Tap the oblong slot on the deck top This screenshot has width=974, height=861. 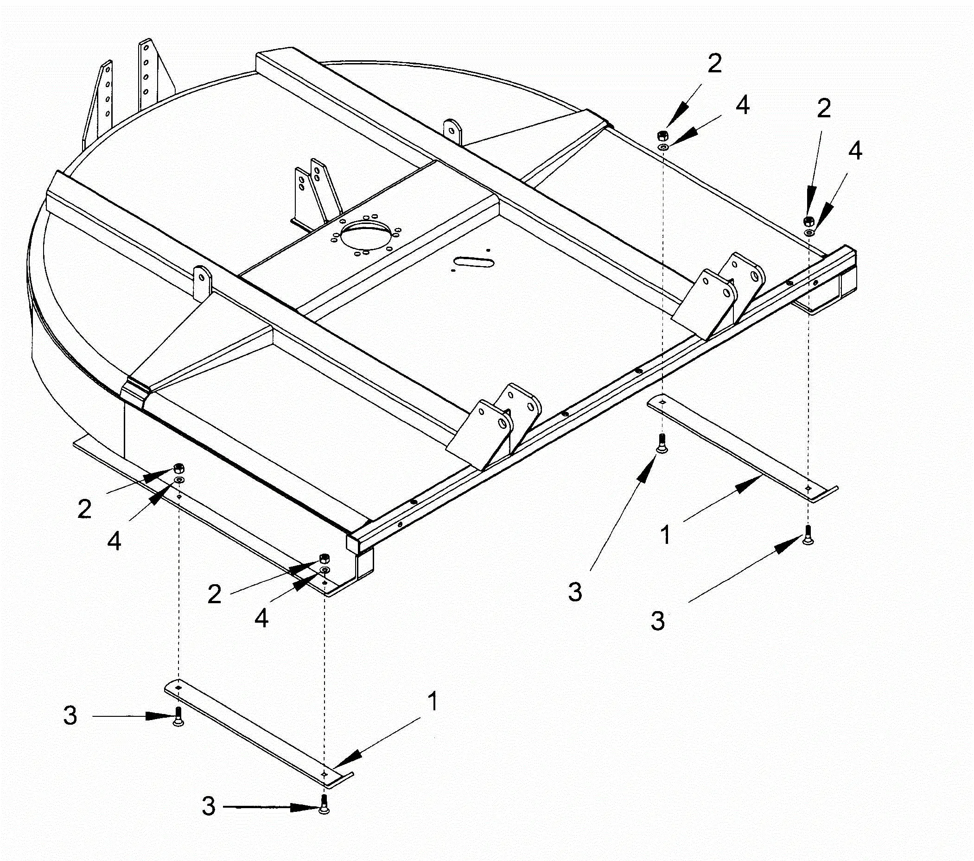click(474, 262)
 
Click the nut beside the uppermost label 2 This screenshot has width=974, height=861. click(662, 135)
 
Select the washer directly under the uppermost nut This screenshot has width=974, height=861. click(662, 146)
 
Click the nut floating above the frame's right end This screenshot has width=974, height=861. click(808, 221)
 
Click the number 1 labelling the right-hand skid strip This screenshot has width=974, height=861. click(666, 535)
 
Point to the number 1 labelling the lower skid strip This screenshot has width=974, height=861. click(433, 702)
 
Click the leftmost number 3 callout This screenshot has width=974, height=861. click(70, 716)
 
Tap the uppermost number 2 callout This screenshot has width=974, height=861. click(714, 64)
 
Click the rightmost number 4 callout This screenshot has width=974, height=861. click(855, 151)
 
